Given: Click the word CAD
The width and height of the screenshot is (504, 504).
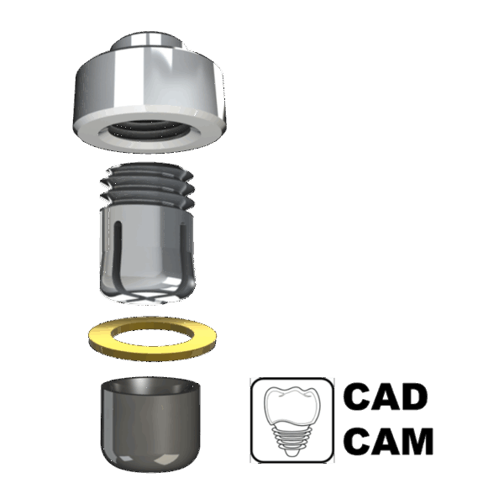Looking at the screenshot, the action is pos(386,396).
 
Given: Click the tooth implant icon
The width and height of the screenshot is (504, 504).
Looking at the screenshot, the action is pos(291,421).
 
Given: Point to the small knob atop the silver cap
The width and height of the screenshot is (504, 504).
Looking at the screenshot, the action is pos(147,41).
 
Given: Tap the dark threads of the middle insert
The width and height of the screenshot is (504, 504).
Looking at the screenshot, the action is pos(148,186).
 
